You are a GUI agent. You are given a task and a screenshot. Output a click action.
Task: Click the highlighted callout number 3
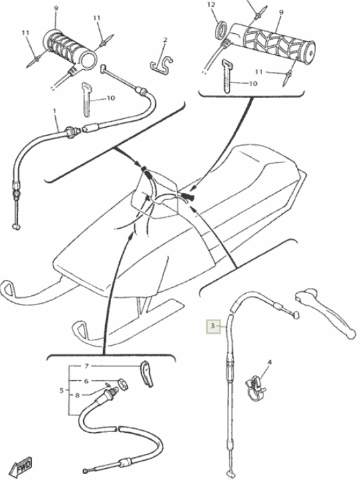(213, 326)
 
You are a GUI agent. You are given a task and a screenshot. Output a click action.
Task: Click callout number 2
(166, 40)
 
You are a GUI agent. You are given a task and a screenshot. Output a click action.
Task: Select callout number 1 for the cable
(55, 110)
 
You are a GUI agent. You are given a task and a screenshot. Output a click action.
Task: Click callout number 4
(270, 362)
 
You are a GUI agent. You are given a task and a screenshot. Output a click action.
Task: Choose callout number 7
(87, 366)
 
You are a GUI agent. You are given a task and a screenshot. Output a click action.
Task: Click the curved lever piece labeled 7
(147, 374)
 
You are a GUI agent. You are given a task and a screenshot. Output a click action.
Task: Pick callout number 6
(87, 381)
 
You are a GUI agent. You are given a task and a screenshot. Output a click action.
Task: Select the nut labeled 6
(122, 384)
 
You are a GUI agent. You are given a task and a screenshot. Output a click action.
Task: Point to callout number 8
(77, 395)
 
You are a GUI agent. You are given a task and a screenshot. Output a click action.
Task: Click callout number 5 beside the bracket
(61, 390)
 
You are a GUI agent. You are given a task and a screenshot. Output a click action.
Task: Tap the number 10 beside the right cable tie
(253, 83)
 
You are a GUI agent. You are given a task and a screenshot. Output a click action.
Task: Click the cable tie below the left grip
(87, 99)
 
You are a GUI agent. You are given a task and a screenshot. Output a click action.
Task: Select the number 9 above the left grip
(56, 8)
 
